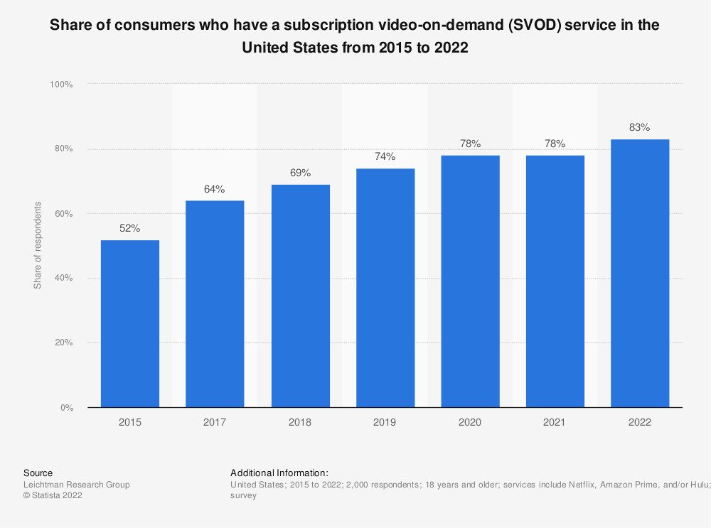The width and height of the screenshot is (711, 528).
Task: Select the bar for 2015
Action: point(130,323)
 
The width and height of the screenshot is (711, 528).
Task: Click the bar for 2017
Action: point(215,303)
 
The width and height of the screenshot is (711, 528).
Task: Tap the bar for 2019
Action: point(385,288)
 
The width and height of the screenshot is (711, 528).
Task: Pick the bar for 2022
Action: point(640,273)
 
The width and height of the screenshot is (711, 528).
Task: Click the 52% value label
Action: point(130,229)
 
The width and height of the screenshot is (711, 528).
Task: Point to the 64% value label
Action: point(215,189)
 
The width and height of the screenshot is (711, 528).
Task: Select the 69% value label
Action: point(300,173)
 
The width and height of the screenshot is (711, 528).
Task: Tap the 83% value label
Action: point(640,128)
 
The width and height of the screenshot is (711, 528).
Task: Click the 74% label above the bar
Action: point(385,157)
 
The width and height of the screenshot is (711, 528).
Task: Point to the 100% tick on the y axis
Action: point(61,84)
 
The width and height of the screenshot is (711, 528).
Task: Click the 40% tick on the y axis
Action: point(63,278)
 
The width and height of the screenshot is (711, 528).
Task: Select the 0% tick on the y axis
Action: point(66,408)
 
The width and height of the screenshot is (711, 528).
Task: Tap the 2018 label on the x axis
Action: point(300,422)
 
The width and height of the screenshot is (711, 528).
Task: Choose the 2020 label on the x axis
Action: point(470,422)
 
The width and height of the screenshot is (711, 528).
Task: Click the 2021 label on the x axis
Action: point(555,422)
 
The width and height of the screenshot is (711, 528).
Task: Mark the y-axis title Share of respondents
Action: point(38,245)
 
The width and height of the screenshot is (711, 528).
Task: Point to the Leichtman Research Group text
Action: point(77,485)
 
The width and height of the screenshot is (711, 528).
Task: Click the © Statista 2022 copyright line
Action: point(53,496)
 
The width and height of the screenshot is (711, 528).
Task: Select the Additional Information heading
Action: point(279,473)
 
